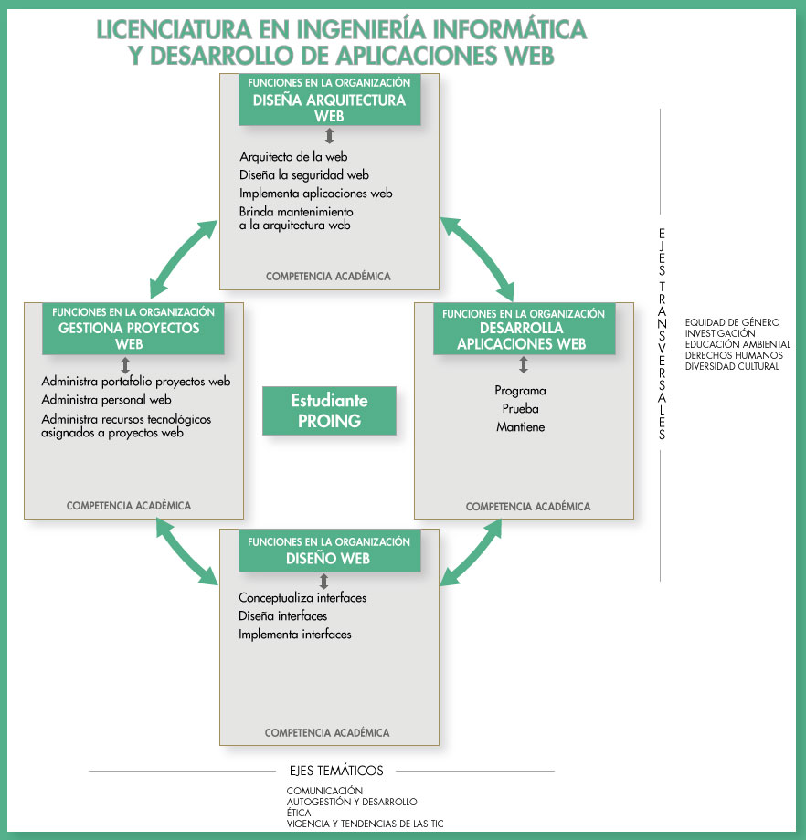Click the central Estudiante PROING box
[x=329, y=411]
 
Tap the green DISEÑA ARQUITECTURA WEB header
[x=329, y=100]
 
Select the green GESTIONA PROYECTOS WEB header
[x=133, y=329]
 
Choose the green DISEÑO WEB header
[x=329, y=551]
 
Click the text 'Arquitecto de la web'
[x=293, y=157]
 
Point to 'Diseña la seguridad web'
[x=304, y=175]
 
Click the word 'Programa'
[x=520, y=391]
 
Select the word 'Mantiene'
[x=520, y=426]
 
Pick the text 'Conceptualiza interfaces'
[x=302, y=598]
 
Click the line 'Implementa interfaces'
[x=295, y=635]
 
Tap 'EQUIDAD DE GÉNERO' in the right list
[x=732, y=322]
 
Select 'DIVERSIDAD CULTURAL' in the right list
[x=732, y=366]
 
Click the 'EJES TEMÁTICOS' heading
[x=335, y=771]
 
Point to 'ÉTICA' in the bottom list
[x=299, y=813]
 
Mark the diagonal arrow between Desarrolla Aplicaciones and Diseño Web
[x=472, y=551]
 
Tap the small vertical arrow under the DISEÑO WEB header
[x=323, y=581]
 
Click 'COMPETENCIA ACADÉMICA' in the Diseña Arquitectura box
[x=328, y=276]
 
